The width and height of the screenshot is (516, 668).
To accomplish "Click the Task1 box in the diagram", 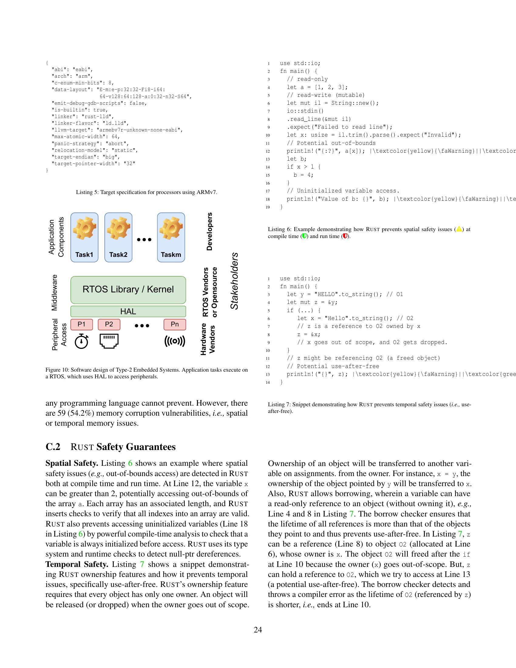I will (84, 237).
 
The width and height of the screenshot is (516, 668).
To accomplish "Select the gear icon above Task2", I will (118, 228).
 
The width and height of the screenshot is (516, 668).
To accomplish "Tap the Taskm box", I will (171, 237).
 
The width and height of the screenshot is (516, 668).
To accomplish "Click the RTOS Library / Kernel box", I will (128, 289).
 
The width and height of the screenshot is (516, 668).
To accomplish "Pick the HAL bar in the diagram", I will (128, 311).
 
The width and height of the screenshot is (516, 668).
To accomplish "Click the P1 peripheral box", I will (82, 325).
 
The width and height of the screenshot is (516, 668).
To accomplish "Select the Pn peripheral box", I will (175, 325).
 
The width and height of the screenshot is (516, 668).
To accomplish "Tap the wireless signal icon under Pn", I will (175, 341).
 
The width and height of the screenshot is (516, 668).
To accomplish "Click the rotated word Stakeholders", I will (234, 281).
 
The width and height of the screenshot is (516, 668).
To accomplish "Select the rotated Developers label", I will (209, 232).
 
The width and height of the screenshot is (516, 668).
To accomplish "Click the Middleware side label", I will (54, 292).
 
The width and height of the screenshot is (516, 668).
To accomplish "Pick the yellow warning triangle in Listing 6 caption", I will (459, 229).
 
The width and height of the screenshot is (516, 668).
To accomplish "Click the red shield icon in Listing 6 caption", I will (345, 236).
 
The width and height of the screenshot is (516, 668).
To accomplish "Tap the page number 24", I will (258, 630).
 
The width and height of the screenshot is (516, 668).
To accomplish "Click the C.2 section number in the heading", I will (53, 447).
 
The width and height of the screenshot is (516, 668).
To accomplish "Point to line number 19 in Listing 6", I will (268, 207).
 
